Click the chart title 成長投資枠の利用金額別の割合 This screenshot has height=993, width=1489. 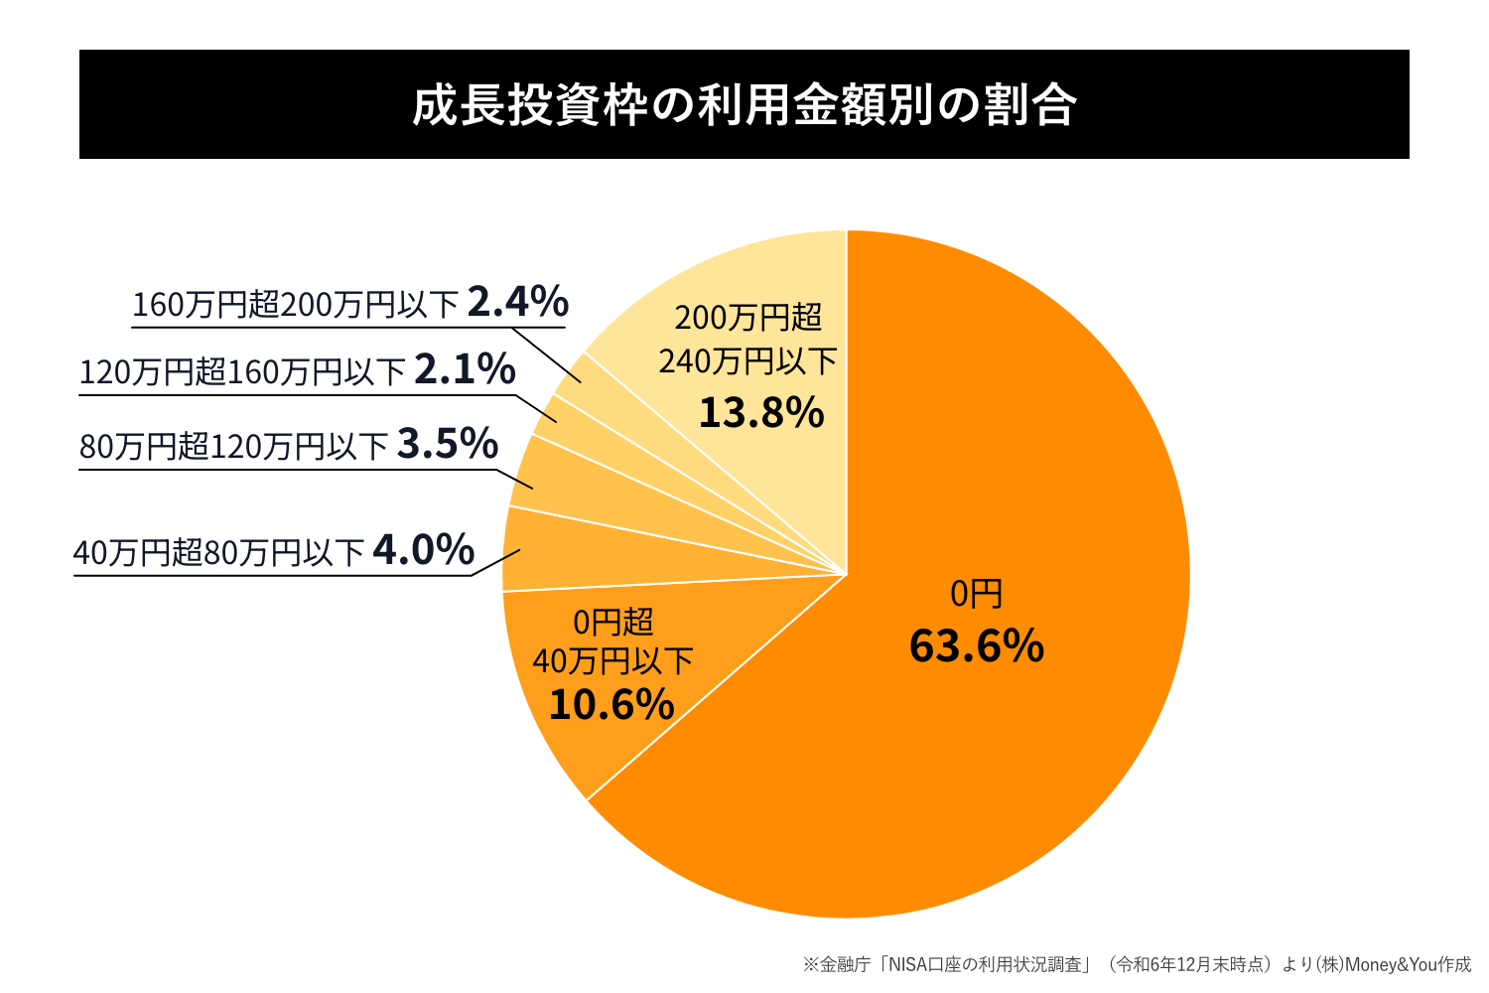(x=744, y=104)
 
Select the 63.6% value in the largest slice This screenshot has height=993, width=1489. (x=976, y=645)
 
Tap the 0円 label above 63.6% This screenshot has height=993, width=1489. (x=976, y=594)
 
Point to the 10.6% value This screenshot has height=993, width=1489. (x=611, y=705)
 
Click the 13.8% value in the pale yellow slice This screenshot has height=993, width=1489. (x=761, y=413)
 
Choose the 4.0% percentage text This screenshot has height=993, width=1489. (x=424, y=550)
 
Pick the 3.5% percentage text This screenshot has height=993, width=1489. (x=448, y=444)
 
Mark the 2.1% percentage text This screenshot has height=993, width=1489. (x=465, y=369)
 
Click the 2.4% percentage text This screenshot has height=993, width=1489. (x=518, y=302)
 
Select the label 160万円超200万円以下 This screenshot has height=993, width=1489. (x=295, y=305)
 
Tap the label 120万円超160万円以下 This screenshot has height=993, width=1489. (x=242, y=372)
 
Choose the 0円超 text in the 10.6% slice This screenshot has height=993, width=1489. (x=613, y=623)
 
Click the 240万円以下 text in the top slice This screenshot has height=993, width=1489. (x=747, y=361)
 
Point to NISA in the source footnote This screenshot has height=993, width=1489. (x=907, y=964)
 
